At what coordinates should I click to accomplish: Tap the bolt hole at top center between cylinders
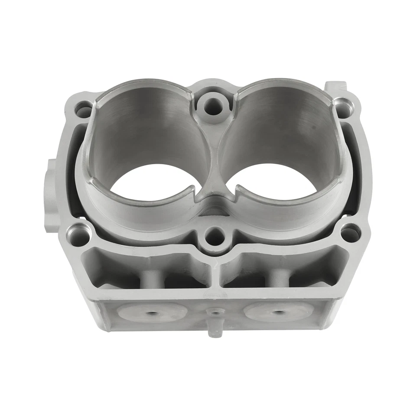pyautogui.click(x=213, y=104)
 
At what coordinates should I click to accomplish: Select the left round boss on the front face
pyautogui.click(x=152, y=312)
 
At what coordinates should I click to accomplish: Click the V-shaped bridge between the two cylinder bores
pyautogui.click(x=214, y=182)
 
